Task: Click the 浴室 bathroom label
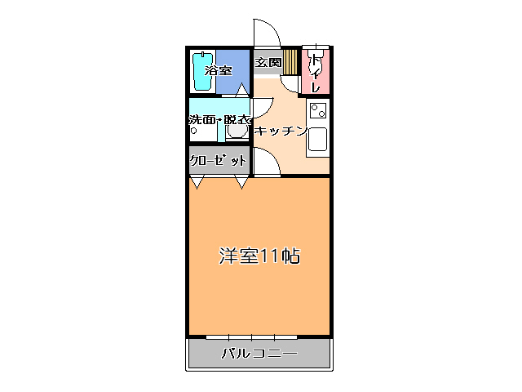(x=218, y=71)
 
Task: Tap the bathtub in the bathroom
(x=201, y=73)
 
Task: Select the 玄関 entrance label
(x=268, y=62)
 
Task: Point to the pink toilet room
(x=316, y=71)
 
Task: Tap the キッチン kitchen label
(x=280, y=131)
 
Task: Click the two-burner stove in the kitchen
(x=317, y=110)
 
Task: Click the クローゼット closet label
(x=218, y=160)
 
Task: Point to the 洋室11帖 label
(x=259, y=256)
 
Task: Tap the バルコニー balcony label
(x=259, y=354)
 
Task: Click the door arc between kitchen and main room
(x=268, y=163)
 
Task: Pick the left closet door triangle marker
(x=196, y=183)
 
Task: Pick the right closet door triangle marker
(x=242, y=183)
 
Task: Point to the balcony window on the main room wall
(x=251, y=336)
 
